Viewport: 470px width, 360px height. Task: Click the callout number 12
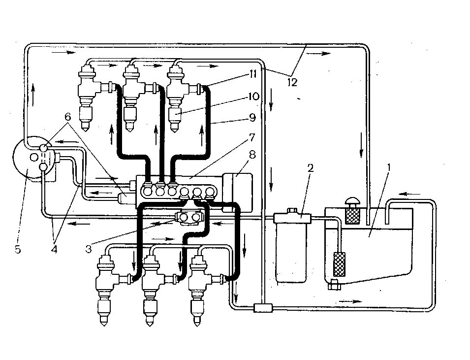(292, 82)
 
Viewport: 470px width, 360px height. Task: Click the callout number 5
(18, 249)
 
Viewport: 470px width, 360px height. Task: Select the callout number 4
(54, 249)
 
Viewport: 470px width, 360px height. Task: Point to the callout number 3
(89, 249)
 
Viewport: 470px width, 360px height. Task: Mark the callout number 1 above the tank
(389, 167)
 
